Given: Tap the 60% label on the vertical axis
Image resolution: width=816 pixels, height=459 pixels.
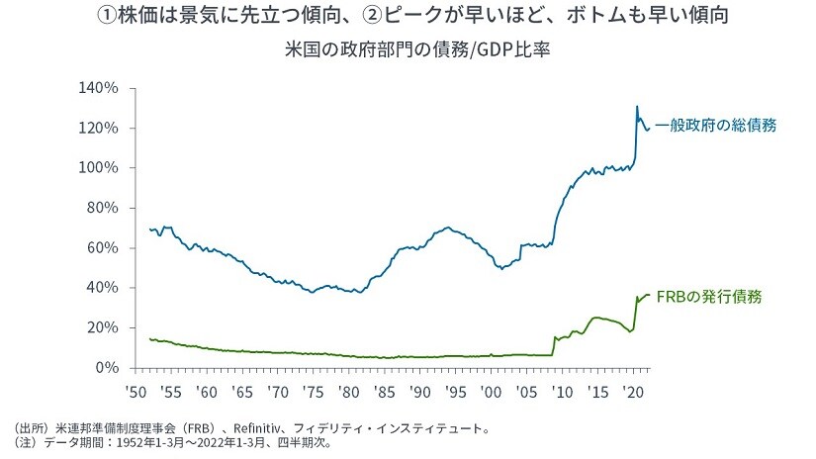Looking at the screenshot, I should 103,247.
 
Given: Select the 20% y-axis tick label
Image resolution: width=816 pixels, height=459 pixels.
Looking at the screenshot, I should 103,327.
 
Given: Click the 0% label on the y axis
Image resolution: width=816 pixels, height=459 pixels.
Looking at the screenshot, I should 107,367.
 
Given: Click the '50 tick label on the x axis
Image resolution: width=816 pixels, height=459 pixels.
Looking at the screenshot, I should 136,392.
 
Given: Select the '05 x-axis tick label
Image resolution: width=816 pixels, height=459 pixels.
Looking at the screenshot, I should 525,392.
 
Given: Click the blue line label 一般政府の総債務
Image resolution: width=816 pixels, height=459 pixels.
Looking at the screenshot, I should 715,126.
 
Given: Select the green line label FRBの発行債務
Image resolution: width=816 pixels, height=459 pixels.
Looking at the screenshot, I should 709,296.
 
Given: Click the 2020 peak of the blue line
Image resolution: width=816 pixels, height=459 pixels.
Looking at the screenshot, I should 637,106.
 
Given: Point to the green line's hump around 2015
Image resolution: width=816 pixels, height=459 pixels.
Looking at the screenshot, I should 596,318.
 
